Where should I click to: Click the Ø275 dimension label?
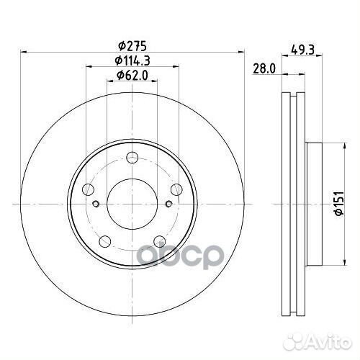(x=132, y=46)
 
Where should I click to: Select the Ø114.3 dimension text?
(x=132, y=60)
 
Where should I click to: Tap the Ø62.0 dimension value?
(x=132, y=76)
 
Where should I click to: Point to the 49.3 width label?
(x=302, y=50)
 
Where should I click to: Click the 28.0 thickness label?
(x=264, y=69)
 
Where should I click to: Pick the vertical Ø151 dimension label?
(x=340, y=203)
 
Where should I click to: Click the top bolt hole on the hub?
(x=132, y=158)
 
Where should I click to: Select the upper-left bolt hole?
(x=88, y=189)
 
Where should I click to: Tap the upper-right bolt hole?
(x=176, y=189)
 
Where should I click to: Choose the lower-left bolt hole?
(x=105, y=241)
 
